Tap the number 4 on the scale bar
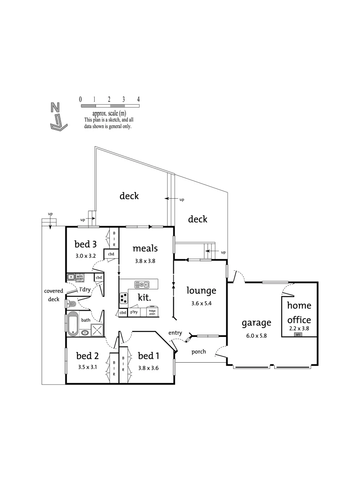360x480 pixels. click(x=139, y=99)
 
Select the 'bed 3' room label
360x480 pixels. click(x=85, y=244)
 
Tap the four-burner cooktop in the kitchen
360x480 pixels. click(x=124, y=298)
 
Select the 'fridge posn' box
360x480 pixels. click(x=152, y=312)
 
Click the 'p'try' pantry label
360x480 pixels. click(x=134, y=312)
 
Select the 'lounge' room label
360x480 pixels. click(x=201, y=291)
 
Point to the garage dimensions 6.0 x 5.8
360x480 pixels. click(x=256, y=336)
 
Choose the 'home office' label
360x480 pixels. click(x=299, y=312)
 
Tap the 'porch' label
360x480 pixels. click(x=199, y=352)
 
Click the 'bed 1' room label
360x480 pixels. click(x=148, y=356)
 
